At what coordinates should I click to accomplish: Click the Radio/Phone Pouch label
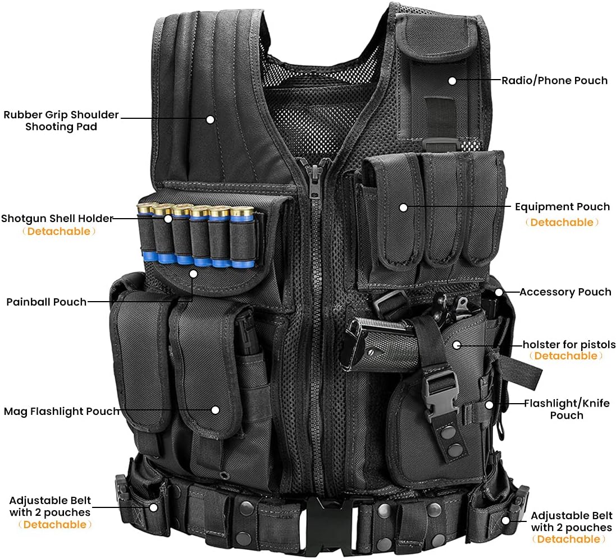click(554, 80)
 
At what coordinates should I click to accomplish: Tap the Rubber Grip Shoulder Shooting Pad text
click(61, 121)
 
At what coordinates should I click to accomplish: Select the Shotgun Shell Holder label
click(57, 218)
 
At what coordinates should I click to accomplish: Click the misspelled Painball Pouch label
click(47, 302)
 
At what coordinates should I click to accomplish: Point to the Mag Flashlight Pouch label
click(62, 411)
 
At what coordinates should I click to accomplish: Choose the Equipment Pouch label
click(562, 207)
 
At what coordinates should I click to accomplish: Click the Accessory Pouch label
click(565, 292)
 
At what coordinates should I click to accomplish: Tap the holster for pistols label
click(569, 344)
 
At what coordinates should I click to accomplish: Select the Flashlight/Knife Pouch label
click(566, 409)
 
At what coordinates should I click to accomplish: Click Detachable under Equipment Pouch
click(562, 223)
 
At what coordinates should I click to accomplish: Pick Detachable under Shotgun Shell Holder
click(58, 231)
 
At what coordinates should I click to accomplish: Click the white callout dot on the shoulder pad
click(210, 119)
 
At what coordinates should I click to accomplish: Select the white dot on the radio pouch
click(452, 80)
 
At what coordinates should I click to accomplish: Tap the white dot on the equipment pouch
click(403, 207)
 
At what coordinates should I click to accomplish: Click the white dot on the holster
click(457, 344)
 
